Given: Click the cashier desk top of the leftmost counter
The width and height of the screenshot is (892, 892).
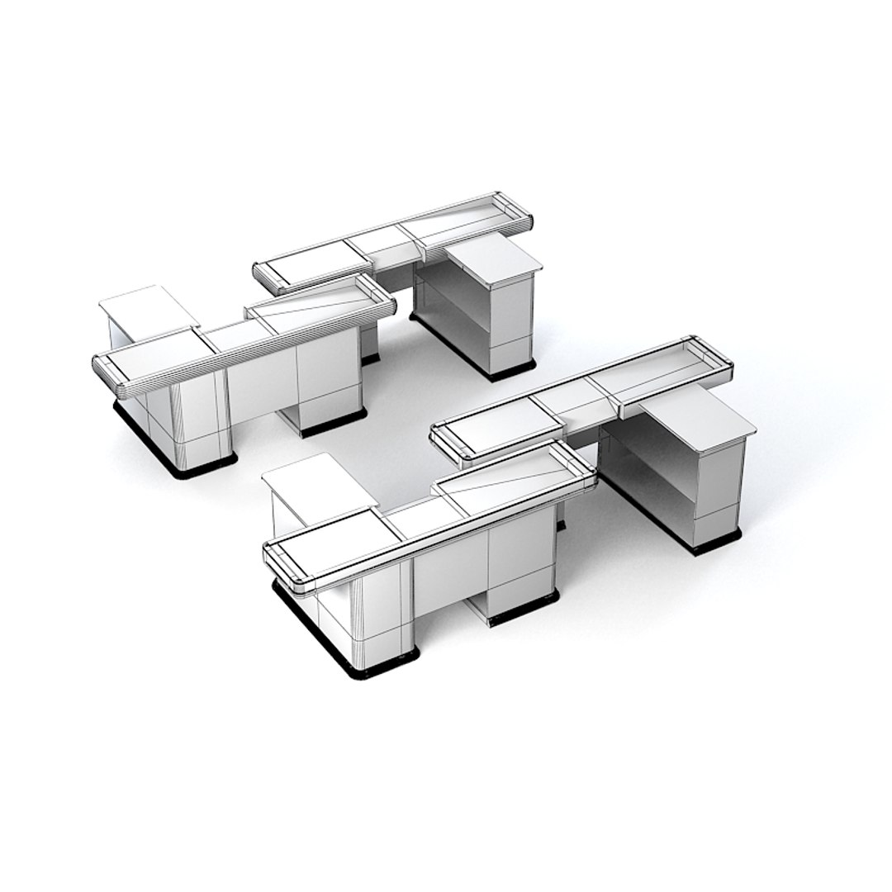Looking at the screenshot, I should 149,311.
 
